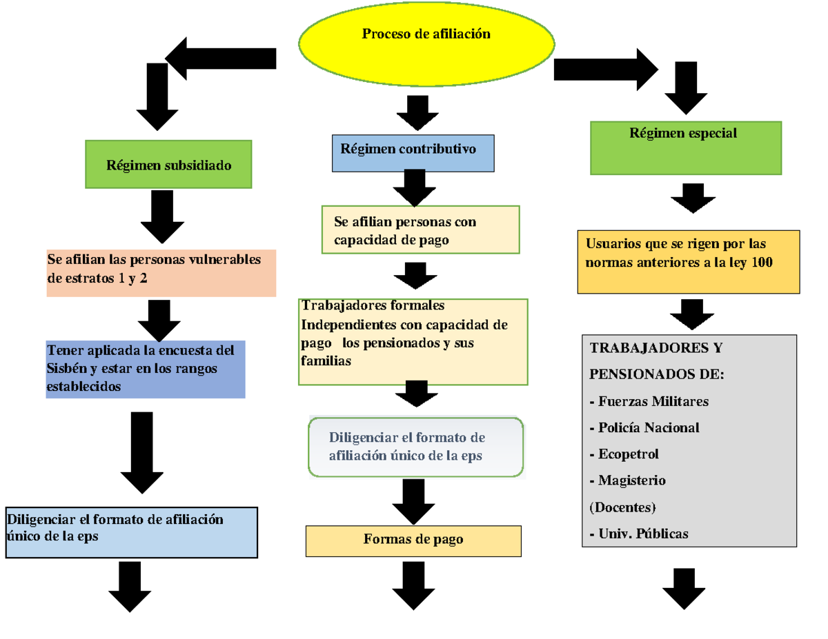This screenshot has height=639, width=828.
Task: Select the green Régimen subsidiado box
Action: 168,164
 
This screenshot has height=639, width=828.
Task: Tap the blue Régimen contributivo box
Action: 413,153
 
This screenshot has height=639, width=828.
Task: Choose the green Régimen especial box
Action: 686,148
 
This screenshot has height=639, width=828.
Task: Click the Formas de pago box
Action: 413,540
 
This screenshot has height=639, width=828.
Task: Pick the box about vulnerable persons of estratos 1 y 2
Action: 161,273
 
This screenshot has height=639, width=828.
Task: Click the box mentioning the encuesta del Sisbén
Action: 145,369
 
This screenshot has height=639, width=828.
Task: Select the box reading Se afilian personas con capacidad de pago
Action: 420,230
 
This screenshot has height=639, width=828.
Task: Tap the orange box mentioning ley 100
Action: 689,262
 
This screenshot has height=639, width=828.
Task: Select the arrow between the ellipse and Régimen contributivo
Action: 417,112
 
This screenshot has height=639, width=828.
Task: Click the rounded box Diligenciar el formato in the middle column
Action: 416,447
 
